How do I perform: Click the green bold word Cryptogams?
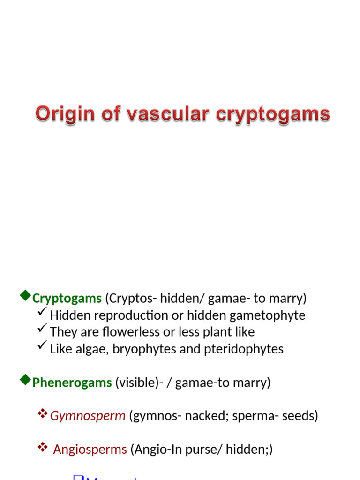click(x=67, y=298)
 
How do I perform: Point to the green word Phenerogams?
click(x=72, y=382)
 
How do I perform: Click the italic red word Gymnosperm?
click(x=88, y=416)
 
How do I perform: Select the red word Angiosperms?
click(x=90, y=450)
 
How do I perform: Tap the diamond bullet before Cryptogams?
click(x=25, y=295)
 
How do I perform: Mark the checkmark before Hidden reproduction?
click(x=42, y=312)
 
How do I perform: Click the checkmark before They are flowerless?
click(x=42, y=329)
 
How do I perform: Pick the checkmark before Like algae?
click(x=42, y=346)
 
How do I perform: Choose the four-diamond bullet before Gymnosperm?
click(x=43, y=413)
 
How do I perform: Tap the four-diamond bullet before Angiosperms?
click(x=43, y=447)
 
